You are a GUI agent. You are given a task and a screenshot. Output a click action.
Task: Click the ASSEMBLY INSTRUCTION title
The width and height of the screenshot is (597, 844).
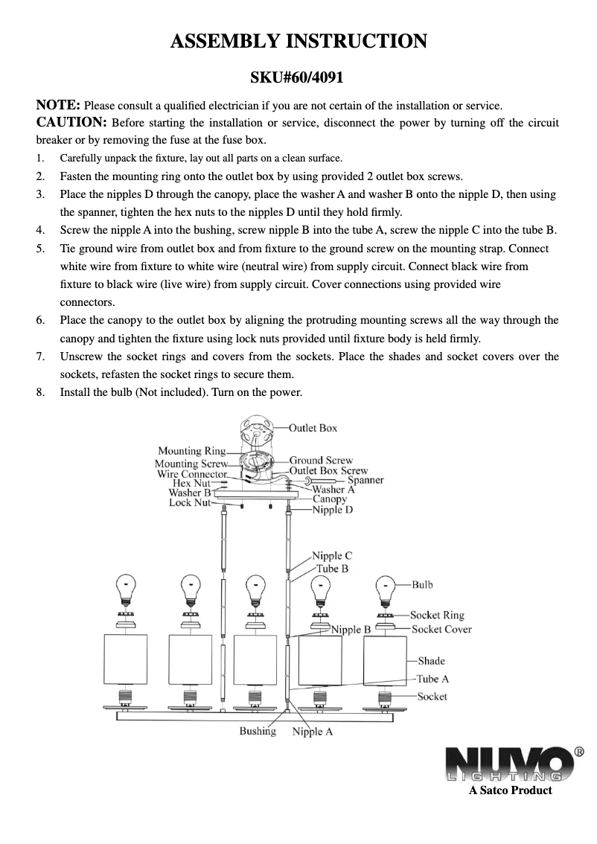click(298, 41)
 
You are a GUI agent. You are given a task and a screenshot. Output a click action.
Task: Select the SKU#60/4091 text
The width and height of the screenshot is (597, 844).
click(298, 77)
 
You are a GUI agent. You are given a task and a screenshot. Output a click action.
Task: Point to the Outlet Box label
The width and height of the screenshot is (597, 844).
click(313, 428)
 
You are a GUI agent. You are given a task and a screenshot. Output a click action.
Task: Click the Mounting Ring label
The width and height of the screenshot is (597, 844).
click(191, 451)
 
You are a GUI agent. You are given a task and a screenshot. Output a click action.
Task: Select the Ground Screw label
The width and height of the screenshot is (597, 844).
click(321, 461)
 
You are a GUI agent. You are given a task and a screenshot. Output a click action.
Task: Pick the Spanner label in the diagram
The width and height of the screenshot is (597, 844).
click(365, 480)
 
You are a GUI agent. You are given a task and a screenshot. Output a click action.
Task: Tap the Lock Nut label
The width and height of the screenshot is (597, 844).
click(190, 503)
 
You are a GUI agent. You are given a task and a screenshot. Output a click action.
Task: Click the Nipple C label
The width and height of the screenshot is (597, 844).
click(332, 556)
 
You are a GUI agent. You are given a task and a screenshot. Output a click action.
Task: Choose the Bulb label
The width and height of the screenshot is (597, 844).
click(422, 585)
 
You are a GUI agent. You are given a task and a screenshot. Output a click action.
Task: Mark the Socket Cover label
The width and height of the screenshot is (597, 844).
click(441, 629)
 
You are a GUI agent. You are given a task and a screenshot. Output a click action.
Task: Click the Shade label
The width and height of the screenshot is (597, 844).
click(431, 661)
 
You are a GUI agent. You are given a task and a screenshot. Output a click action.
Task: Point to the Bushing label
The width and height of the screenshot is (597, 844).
click(258, 732)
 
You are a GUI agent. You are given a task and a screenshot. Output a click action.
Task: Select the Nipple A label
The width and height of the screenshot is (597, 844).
click(313, 732)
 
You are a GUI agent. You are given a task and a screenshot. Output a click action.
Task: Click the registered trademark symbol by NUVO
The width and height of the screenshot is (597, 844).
click(578, 752)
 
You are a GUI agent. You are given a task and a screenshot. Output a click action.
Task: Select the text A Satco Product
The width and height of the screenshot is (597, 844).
click(510, 790)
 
